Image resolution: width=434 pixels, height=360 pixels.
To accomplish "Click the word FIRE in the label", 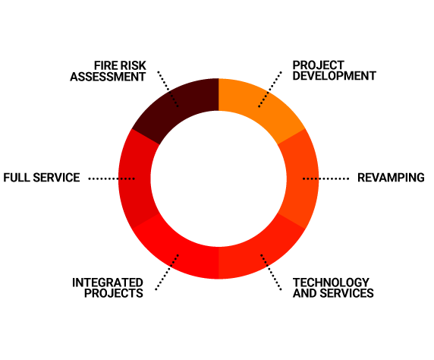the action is click(103, 65).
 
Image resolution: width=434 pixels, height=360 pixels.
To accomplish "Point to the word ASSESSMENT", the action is click(108, 77).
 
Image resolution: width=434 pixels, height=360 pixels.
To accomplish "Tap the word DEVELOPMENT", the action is click(334, 76).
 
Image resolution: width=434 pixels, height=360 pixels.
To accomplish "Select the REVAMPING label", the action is click(391, 178).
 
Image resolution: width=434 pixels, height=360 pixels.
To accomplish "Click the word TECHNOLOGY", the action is click(331, 283).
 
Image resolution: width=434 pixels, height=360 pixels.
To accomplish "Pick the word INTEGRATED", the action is click(108, 283).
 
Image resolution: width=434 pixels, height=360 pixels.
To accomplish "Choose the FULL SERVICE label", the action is click(42, 178).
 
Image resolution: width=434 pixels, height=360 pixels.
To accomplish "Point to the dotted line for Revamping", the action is click(325, 178).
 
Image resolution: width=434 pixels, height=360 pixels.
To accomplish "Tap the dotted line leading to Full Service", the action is click(112, 178).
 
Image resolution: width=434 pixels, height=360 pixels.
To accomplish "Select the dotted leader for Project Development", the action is click(270, 89).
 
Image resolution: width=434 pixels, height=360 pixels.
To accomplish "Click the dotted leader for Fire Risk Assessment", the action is click(168, 89).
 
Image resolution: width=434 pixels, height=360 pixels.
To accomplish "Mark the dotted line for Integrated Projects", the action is click(167, 272).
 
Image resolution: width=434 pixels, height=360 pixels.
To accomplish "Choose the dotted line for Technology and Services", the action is click(271, 272).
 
